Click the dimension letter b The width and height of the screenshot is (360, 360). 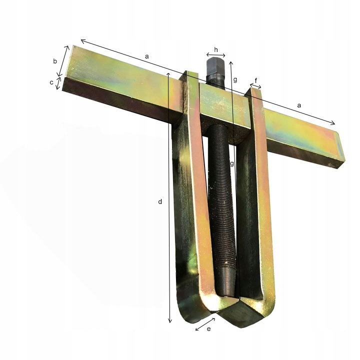[x=55, y=61]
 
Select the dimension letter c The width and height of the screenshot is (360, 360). [x=51, y=82]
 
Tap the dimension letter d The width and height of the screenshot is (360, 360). [x=160, y=201]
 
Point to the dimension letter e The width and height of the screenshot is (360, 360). [x=208, y=329]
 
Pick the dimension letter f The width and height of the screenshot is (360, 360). [x=256, y=80]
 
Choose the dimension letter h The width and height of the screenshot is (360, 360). [x=216, y=49]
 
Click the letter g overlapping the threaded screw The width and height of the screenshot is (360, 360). [x=232, y=163]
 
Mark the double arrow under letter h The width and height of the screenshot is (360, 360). [x=216, y=55]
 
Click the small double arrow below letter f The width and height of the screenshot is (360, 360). [x=255, y=86]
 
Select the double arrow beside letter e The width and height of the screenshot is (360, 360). [x=205, y=324]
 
